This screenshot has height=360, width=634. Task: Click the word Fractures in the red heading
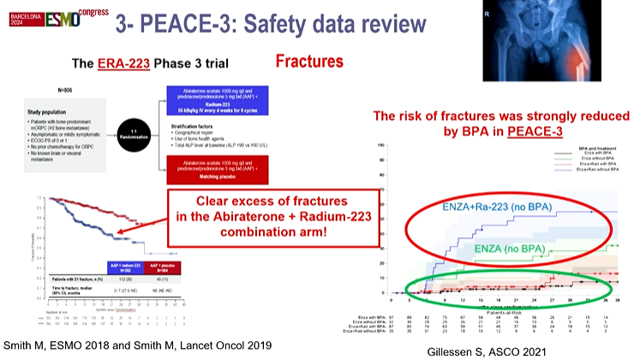point(309,62)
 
